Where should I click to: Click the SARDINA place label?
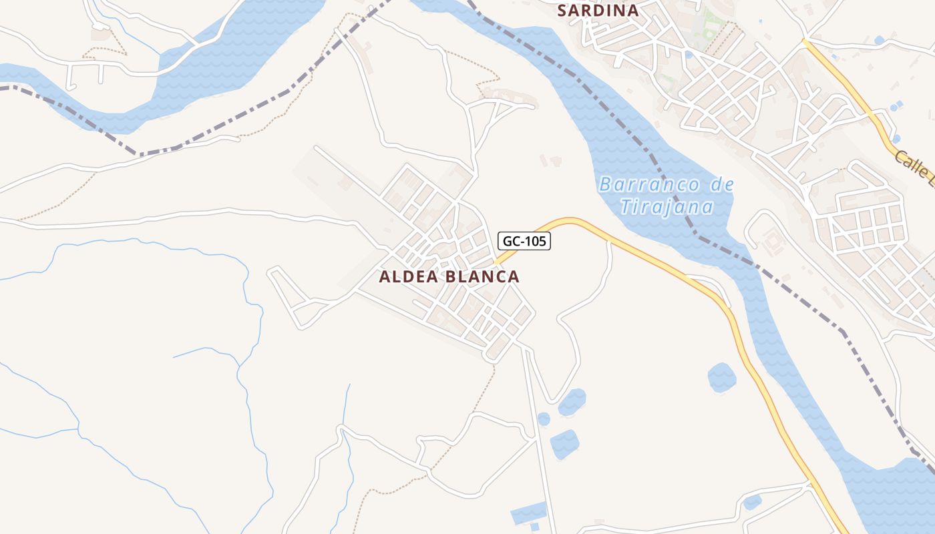598,11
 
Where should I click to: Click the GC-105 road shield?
524,241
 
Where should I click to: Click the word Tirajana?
667,207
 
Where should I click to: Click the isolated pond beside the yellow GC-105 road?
721,378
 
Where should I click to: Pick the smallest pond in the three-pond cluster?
544,419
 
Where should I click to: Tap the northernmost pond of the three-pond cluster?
572,402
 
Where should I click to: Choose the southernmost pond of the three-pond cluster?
564,444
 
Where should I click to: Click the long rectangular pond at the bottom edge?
529,514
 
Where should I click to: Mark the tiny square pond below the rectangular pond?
534,527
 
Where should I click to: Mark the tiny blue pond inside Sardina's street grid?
688,55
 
